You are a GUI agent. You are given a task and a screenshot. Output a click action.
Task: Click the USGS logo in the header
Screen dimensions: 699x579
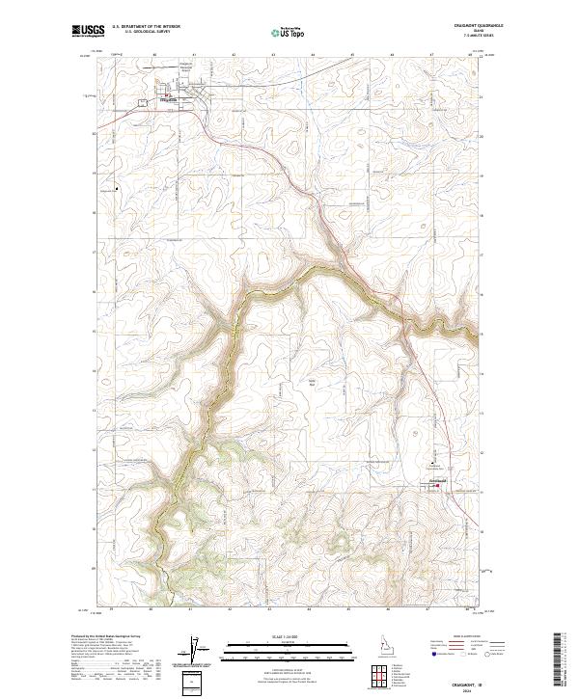pos(87,32)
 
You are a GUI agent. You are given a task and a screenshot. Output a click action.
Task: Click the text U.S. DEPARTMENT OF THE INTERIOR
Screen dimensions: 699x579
pos(146,26)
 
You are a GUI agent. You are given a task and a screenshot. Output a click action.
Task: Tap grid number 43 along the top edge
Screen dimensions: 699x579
pos(273,55)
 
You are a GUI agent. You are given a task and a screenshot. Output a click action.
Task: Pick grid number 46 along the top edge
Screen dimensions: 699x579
pos(392,55)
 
